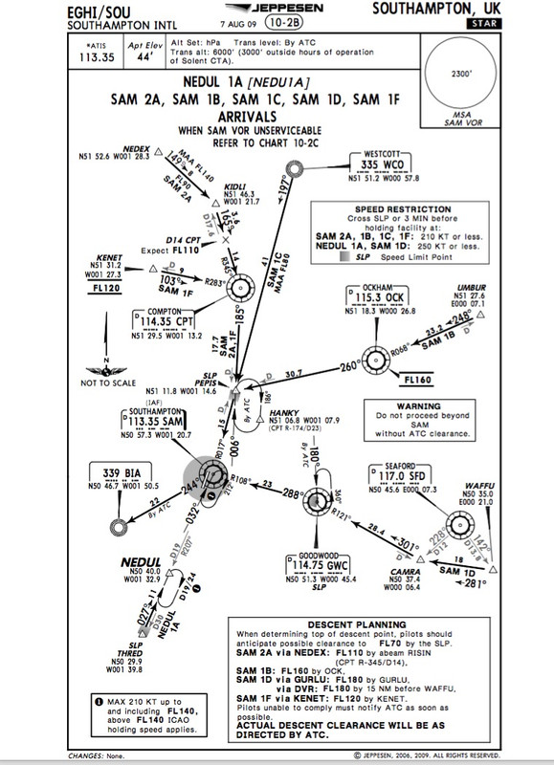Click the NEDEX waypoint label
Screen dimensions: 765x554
click(x=138, y=150)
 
